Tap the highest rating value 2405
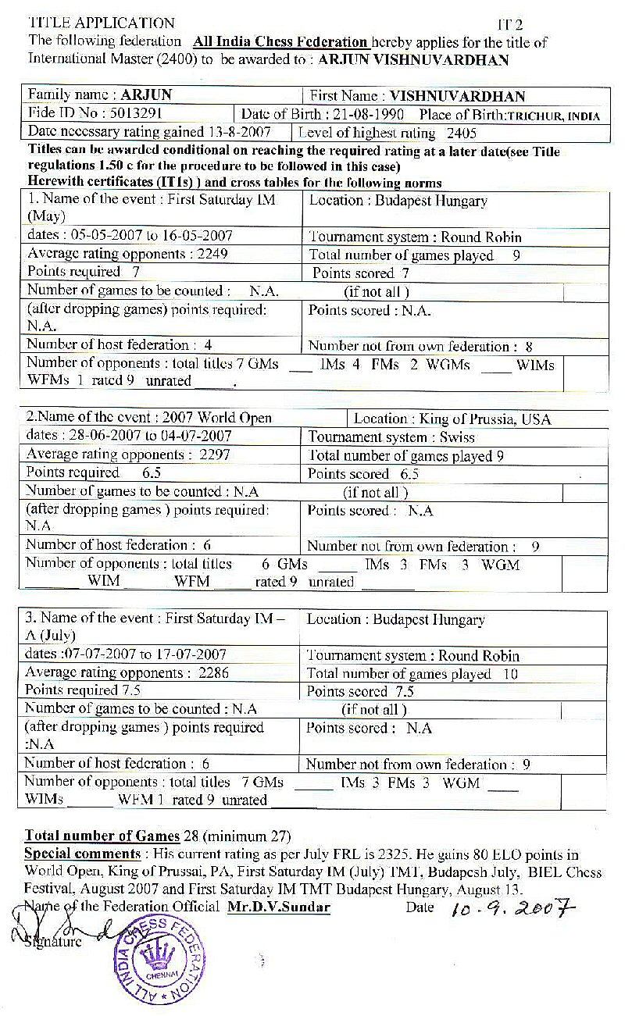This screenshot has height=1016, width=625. pos(461,134)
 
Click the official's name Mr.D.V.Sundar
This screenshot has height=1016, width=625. pos(279,907)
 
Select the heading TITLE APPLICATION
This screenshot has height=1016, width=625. pos(102,23)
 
